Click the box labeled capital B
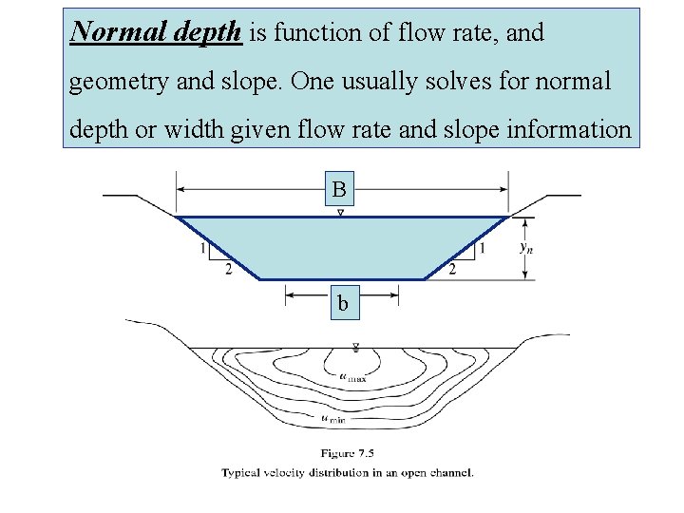[x=339, y=190]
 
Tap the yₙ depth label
[x=524, y=247]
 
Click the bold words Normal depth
[x=157, y=33]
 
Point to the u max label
[x=352, y=376]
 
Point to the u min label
[x=332, y=417]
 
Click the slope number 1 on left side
[x=203, y=249]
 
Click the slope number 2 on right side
[x=451, y=271]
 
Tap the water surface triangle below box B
[x=340, y=212]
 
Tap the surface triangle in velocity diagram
[x=355, y=348]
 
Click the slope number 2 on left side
[x=227, y=271]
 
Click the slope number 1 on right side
[x=483, y=249]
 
